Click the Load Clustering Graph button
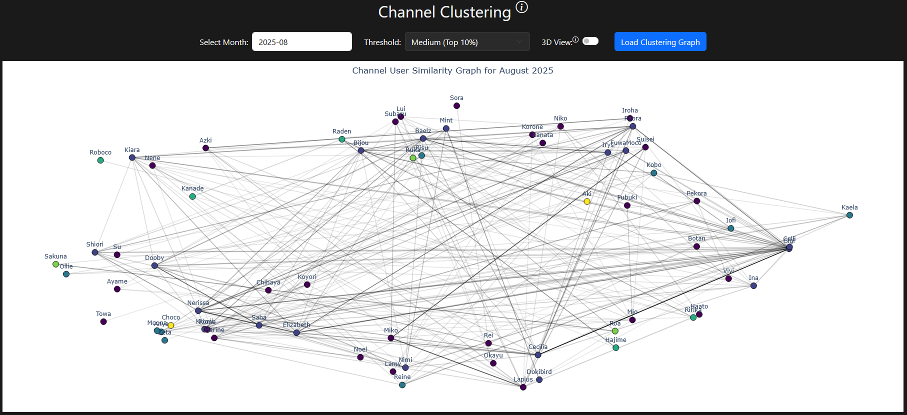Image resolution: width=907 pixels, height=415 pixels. (x=660, y=42)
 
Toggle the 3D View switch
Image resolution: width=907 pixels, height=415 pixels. (x=590, y=41)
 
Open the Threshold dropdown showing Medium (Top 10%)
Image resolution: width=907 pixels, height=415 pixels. (x=467, y=42)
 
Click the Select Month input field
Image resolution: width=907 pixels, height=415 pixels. (x=301, y=42)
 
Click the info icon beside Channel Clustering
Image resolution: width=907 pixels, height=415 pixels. (x=521, y=7)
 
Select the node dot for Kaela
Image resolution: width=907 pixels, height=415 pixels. (x=849, y=215)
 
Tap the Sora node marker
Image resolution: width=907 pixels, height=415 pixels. (x=456, y=106)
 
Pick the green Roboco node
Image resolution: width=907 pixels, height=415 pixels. (x=100, y=160)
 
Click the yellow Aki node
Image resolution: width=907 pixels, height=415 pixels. (x=587, y=201)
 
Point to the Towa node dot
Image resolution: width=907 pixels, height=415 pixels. (x=103, y=322)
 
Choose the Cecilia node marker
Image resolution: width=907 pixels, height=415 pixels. (x=538, y=355)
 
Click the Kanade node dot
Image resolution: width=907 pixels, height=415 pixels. (x=192, y=196)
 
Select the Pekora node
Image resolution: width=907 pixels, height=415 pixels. (x=696, y=201)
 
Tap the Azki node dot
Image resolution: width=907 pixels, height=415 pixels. (x=205, y=148)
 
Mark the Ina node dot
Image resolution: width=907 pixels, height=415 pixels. (x=753, y=286)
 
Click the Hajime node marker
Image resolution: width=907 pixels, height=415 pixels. (x=616, y=348)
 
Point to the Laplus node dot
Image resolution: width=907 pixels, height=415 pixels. (x=523, y=387)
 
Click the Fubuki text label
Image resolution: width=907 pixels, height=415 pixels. (x=627, y=197)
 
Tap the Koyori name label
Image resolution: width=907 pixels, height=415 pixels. (x=307, y=277)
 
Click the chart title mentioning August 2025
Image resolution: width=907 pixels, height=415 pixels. (x=452, y=70)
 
